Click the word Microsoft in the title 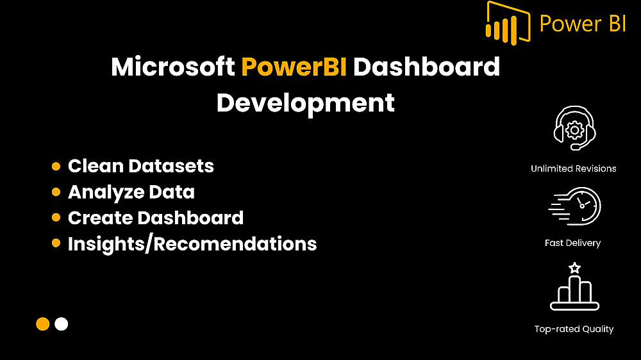[x=173, y=67]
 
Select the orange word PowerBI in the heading [x=294, y=67]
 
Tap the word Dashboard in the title [x=426, y=67]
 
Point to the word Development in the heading [x=305, y=103]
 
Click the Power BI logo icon [x=508, y=23]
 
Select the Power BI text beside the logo [x=583, y=23]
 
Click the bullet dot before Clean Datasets [x=56, y=167]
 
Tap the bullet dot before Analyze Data [x=56, y=192]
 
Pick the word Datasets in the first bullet [x=171, y=166]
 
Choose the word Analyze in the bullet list [x=106, y=193]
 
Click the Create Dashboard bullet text [x=156, y=218]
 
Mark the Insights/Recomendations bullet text [x=192, y=244]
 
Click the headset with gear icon [x=574, y=128]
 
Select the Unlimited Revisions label [x=574, y=168]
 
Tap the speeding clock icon [x=574, y=206]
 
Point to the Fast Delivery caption [x=572, y=243]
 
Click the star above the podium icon [x=575, y=268]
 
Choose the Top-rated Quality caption [x=574, y=329]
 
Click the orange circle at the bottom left [x=43, y=324]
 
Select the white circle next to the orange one [x=62, y=324]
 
